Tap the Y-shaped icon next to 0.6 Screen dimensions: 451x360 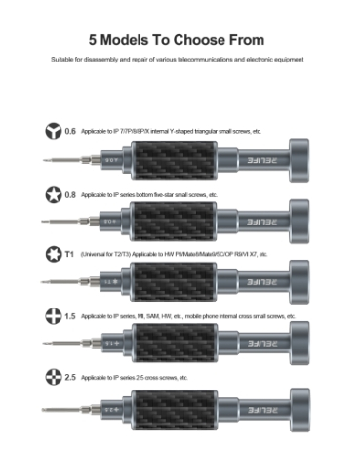(x=52, y=131)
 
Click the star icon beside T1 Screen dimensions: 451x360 (x=52, y=254)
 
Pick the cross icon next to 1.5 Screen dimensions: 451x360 (x=52, y=316)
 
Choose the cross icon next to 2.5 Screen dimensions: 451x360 (x=52, y=376)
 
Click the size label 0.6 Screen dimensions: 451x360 (x=69, y=131)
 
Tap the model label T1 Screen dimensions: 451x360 (x=69, y=254)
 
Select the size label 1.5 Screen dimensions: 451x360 (x=69, y=316)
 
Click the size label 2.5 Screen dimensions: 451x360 (x=69, y=376)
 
